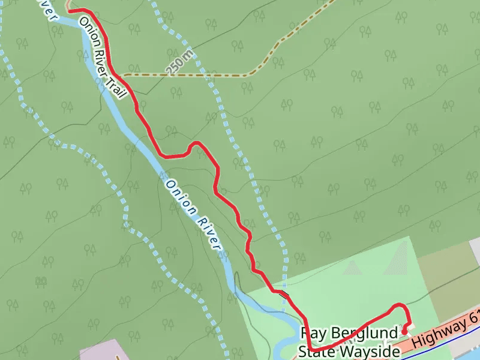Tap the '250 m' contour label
pos(181,63)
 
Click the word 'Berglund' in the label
pos(366,333)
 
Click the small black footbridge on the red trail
pos(284,294)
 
